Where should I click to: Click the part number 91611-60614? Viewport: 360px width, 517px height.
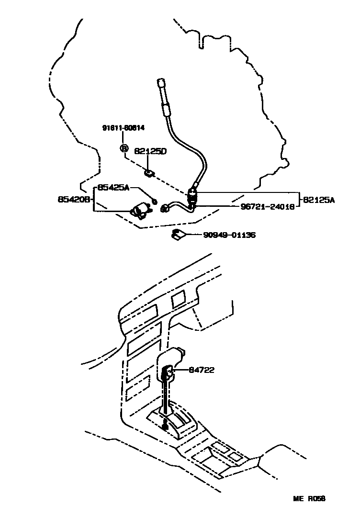click(124, 128)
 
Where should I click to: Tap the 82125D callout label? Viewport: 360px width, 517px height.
click(150, 152)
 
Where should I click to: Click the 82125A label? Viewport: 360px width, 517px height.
click(318, 200)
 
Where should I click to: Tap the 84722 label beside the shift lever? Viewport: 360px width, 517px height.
click(202, 370)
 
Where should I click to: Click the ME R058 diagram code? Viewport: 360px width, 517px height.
click(309, 498)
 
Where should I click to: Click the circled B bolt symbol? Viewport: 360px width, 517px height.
click(124, 148)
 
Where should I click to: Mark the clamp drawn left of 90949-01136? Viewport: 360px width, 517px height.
click(179, 235)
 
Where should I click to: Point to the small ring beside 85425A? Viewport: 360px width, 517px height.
click(154, 199)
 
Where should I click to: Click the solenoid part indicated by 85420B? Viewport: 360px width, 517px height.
click(140, 210)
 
